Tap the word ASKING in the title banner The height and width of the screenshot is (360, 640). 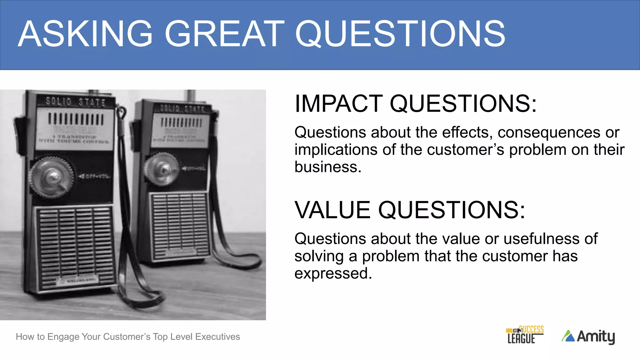click(85, 34)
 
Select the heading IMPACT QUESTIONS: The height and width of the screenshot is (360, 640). click(416, 104)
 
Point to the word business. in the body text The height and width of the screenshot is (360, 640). click(328, 167)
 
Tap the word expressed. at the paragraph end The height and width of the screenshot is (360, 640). click(333, 273)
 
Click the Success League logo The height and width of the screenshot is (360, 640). click(525, 335)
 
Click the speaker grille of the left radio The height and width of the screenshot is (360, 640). click(75, 247)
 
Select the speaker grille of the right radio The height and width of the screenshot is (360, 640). click(180, 225)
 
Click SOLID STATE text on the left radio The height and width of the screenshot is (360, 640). click(75, 102)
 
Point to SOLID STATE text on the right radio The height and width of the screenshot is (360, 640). click(182, 109)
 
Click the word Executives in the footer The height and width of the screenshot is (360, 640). click(217, 337)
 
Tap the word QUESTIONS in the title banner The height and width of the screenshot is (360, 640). click(400, 34)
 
